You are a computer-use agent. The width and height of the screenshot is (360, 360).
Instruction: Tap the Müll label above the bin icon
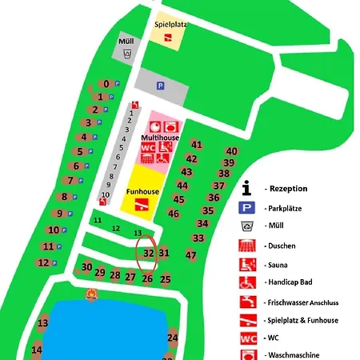pos(126,42)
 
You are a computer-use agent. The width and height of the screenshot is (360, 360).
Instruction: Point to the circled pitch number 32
pos(148,253)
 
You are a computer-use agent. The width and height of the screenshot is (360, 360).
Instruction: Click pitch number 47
pos(190,254)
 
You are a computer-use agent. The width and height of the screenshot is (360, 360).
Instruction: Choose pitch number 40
pos(231,150)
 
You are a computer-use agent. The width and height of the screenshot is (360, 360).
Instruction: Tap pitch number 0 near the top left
pos(106,84)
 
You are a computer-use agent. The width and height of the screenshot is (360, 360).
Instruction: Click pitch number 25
pos(166,279)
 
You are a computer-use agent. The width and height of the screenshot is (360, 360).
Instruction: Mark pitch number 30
pos(86,266)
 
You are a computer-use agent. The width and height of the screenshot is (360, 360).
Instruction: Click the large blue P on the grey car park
pos(159,86)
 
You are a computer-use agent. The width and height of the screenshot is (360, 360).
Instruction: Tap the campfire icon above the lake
pos(93,297)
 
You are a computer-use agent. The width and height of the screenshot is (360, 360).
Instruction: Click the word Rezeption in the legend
pos(289,188)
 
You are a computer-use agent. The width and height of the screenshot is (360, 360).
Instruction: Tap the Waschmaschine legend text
pos(293,355)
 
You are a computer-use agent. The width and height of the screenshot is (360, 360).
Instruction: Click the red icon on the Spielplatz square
pos(169,38)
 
